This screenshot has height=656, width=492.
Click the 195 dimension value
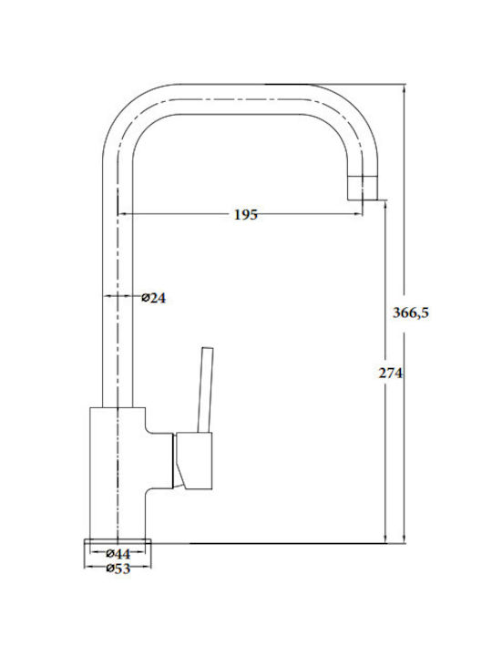(x=246, y=215)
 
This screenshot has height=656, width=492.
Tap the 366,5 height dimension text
(x=410, y=313)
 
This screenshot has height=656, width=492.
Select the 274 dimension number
(x=390, y=373)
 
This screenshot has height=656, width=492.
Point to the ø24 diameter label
(x=154, y=298)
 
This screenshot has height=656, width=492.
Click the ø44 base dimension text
(x=118, y=554)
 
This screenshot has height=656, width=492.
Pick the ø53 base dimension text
(x=118, y=569)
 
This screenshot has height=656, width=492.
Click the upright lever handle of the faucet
(x=205, y=390)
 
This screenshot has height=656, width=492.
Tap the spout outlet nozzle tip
(x=363, y=188)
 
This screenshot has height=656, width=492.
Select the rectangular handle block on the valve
(x=194, y=461)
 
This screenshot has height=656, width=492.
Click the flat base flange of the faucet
(x=118, y=541)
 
